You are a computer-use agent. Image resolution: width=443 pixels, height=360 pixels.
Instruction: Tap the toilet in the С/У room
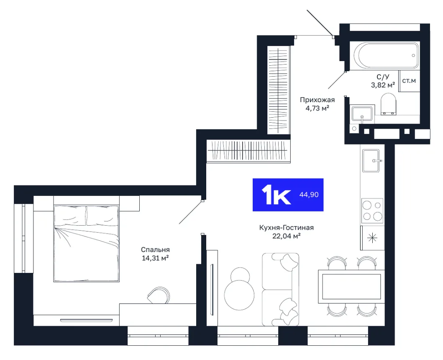point(389,104)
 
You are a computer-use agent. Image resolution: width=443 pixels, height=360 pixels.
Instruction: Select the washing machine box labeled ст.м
point(409,81)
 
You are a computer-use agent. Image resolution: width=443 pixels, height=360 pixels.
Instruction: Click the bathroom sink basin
point(362,114)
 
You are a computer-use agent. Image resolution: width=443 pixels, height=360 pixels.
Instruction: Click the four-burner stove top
point(372,211)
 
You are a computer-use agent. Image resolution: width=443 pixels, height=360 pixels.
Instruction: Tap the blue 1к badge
point(288,195)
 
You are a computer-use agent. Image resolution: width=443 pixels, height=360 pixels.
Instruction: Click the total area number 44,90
point(309,195)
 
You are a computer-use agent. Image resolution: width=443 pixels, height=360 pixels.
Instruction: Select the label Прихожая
point(317,100)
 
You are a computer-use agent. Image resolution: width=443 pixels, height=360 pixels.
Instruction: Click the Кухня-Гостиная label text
point(287,228)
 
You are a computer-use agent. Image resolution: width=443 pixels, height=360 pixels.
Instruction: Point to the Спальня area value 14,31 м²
point(155,258)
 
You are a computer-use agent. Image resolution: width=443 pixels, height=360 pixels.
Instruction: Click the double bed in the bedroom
point(87,244)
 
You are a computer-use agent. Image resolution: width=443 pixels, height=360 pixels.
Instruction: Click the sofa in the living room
point(280,289)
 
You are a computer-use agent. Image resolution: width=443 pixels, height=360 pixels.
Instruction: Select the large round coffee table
point(239,295)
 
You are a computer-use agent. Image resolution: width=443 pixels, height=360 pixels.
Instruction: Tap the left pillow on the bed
point(70,216)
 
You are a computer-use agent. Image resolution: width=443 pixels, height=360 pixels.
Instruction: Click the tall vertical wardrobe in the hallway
point(279,90)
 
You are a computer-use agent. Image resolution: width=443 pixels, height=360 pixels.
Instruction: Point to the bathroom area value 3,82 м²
point(383,85)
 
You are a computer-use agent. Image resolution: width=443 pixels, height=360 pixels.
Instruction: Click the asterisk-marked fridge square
point(372,238)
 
